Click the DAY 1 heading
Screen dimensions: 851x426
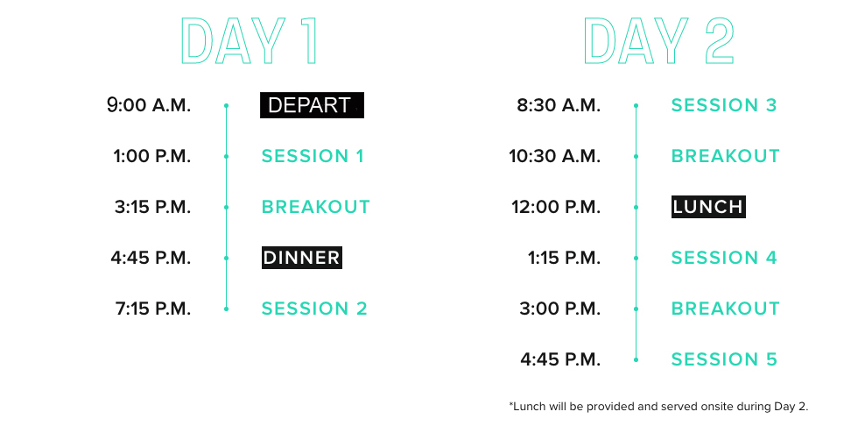(249, 40)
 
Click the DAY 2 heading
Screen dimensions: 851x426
(659, 40)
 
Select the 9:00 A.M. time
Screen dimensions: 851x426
(149, 105)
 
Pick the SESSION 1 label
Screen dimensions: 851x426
(313, 157)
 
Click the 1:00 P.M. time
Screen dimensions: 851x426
(152, 157)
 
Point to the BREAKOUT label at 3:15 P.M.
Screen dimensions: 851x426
(316, 207)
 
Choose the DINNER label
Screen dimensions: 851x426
(302, 258)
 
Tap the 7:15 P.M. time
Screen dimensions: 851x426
(153, 309)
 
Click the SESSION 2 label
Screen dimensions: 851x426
(315, 309)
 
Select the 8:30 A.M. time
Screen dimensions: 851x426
(559, 105)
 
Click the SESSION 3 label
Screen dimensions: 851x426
(724, 105)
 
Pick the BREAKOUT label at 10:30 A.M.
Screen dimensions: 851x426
(726, 157)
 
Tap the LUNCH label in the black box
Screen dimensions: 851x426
(708, 207)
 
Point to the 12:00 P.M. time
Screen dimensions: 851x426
(556, 207)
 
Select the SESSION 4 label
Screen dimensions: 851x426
(724, 258)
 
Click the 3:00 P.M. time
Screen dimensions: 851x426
(560, 309)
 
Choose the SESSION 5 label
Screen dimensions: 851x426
(724, 359)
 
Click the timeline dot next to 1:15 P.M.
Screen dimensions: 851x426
(636, 258)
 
